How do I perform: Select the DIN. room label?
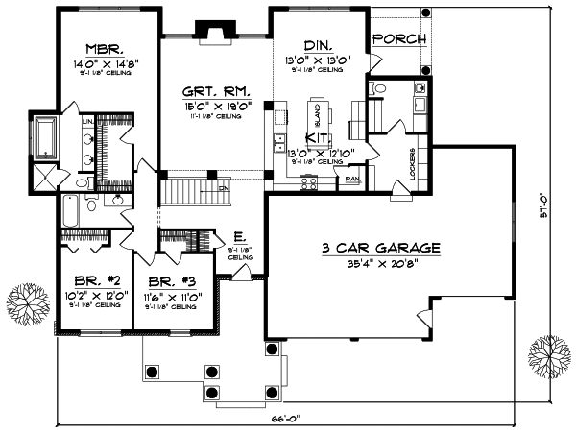pos(318,45)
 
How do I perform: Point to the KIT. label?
pos(318,138)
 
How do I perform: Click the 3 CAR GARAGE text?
pos(381,248)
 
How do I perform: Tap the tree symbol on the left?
pos(29,305)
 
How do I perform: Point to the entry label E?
pos(239,237)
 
